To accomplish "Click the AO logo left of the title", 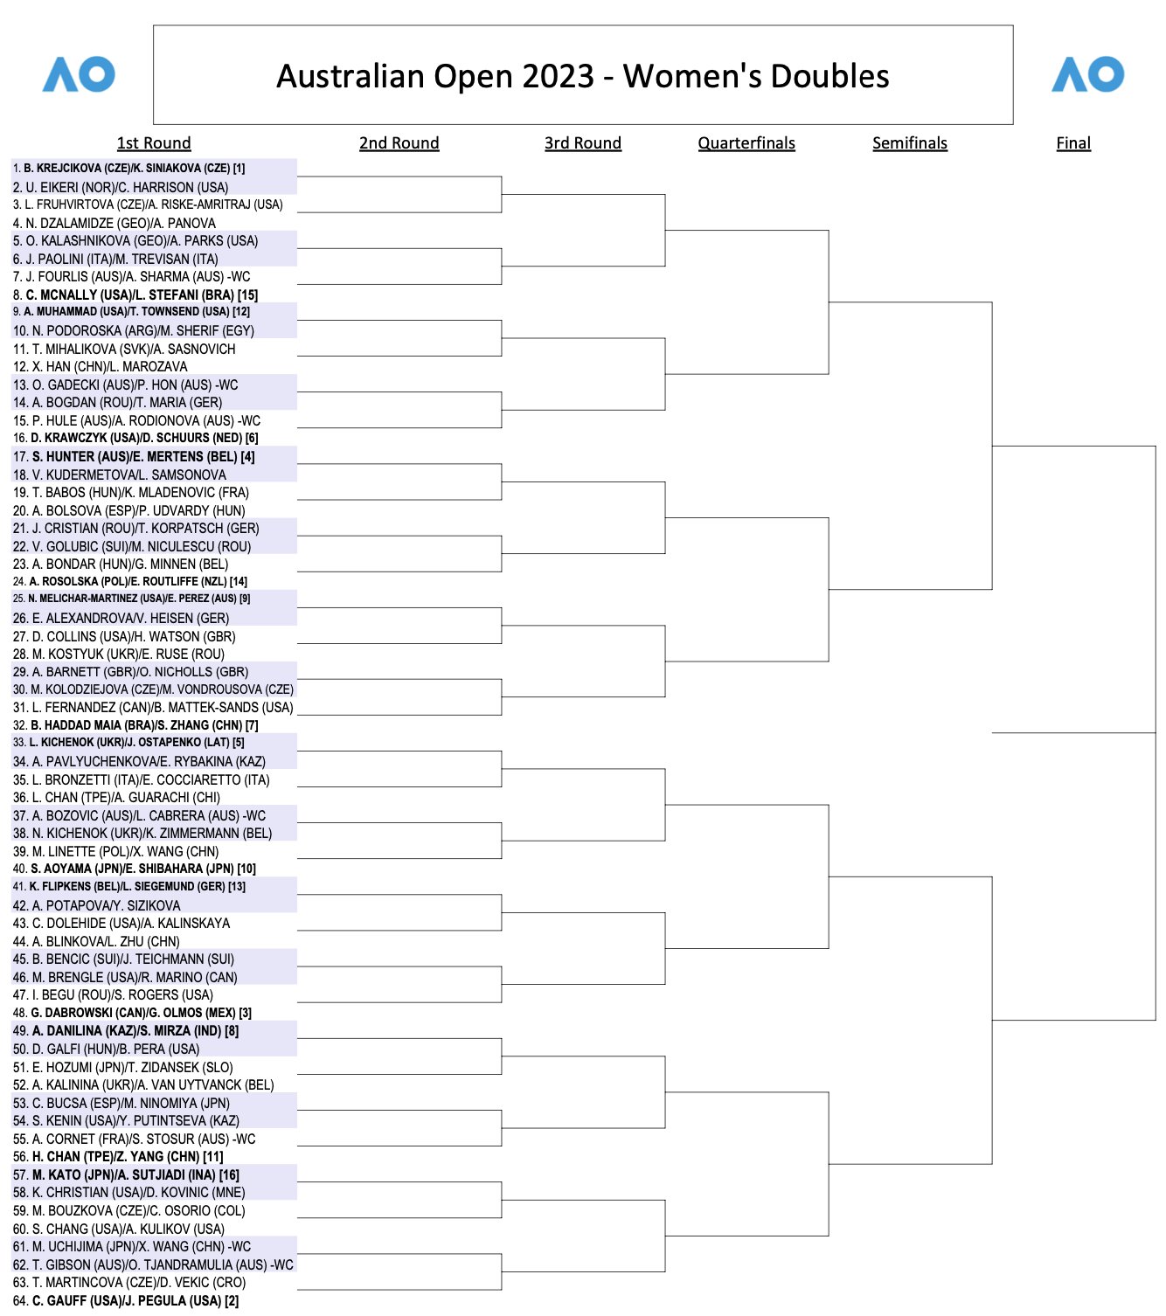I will [x=79, y=75].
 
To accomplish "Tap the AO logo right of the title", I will [x=1087, y=75].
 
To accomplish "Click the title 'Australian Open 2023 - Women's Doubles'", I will [x=583, y=76].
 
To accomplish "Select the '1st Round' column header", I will [x=154, y=143].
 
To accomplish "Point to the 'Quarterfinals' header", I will [x=746, y=143].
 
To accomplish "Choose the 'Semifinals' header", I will [x=910, y=143].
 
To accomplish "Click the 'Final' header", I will [x=1073, y=143].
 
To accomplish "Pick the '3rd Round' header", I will [x=583, y=143].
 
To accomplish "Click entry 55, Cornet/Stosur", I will [x=135, y=1139].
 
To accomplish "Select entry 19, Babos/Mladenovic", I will [x=131, y=492].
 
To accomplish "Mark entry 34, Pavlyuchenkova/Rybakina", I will [x=139, y=761].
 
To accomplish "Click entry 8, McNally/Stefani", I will [x=135, y=294].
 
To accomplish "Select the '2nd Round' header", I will [x=399, y=143].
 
